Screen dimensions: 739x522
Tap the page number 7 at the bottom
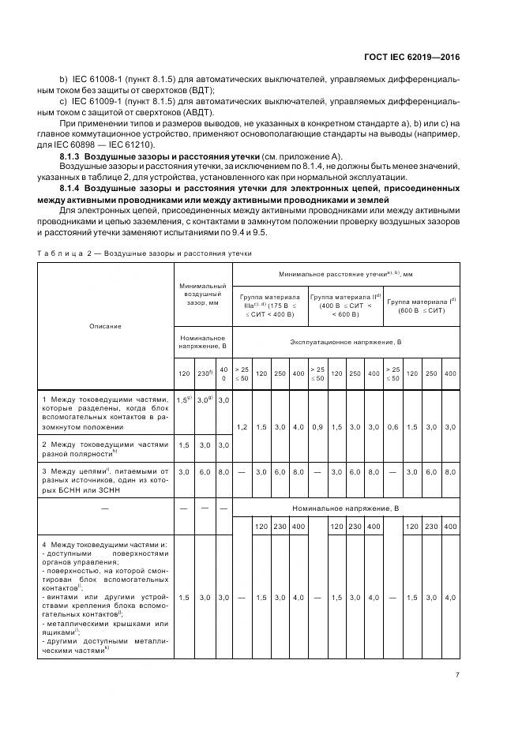click(x=458, y=674)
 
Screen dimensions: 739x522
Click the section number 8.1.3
click(x=73, y=157)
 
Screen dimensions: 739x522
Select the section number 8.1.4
click(x=73, y=190)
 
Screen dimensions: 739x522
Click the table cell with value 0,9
click(x=317, y=426)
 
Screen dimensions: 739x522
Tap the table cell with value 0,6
click(x=394, y=426)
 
